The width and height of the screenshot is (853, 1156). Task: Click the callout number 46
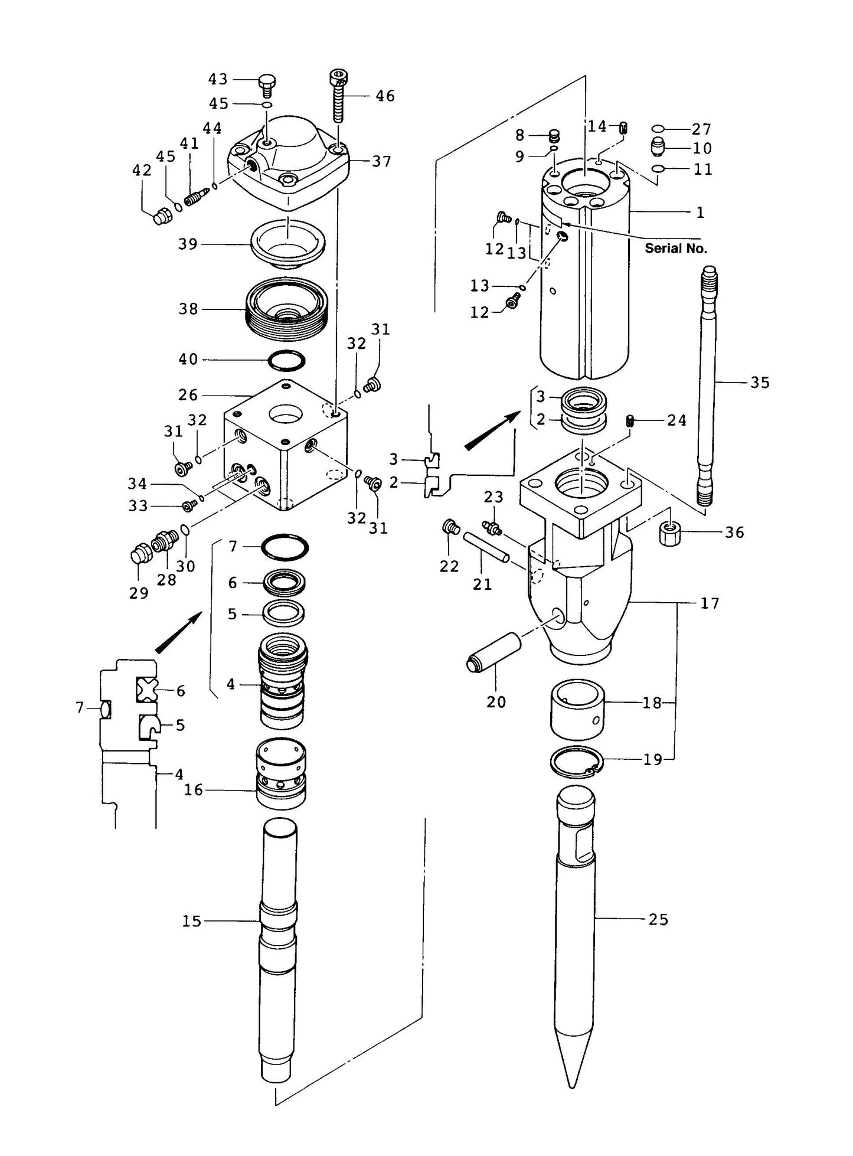[x=385, y=96]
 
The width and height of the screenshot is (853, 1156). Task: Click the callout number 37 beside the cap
[x=381, y=161]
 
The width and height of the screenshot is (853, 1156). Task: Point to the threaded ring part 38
[x=283, y=310]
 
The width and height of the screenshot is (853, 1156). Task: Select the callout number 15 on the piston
[x=192, y=920]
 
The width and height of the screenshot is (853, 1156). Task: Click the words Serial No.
[x=675, y=249]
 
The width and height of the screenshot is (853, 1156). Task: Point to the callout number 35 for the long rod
[x=760, y=383]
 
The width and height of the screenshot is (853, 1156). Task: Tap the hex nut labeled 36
[x=669, y=534]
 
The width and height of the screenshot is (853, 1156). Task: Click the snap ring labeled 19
[x=576, y=764]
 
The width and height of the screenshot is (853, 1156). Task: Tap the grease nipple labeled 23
[x=492, y=527]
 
